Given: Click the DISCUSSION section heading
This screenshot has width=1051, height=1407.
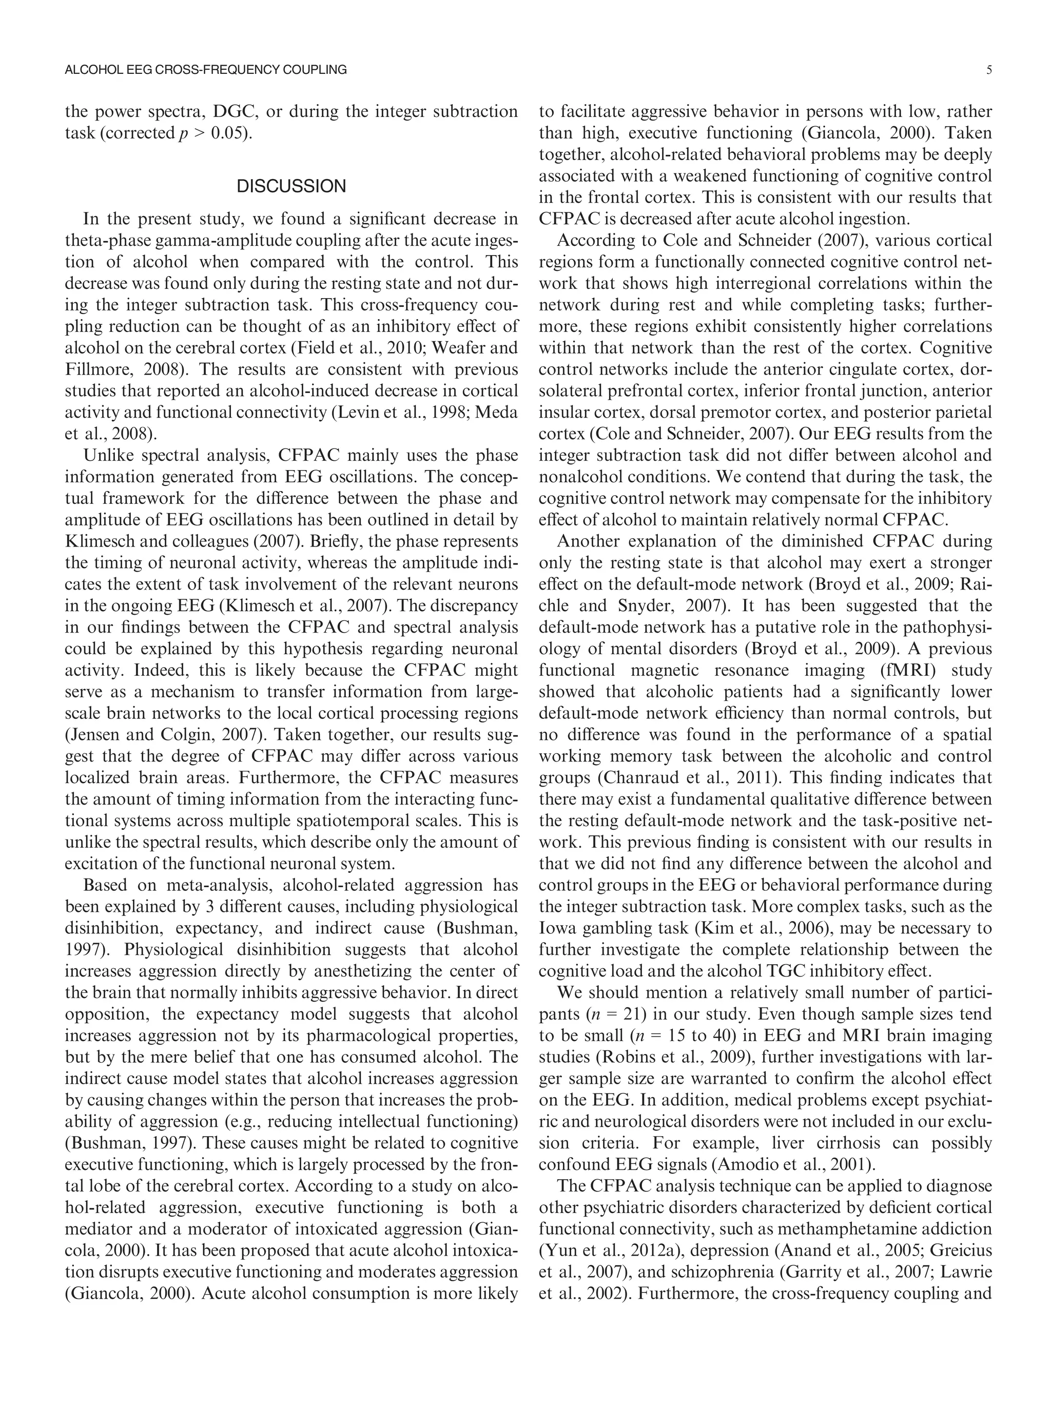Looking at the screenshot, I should point(291,186).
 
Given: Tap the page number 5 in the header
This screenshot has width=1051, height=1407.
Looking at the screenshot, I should point(989,71).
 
